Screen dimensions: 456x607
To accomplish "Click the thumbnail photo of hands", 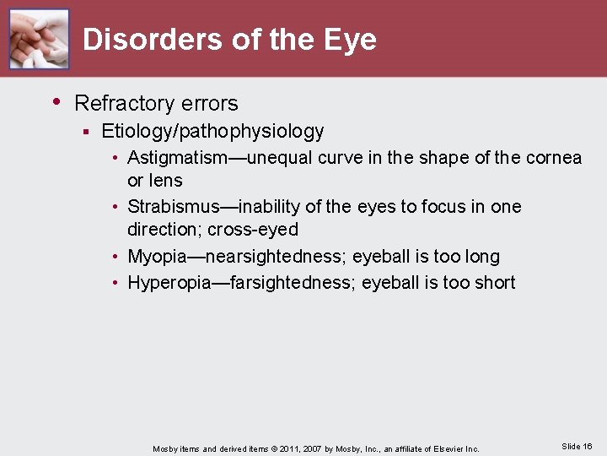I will (39, 39).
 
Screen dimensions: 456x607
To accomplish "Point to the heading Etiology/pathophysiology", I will (212, 131).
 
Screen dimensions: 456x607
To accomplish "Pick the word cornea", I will (553, 158).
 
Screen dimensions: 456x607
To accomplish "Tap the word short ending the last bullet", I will (495, 283).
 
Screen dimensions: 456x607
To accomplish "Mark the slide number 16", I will (587, 446).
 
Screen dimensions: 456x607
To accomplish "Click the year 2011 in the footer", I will (290, 448).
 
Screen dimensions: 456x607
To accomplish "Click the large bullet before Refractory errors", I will (56, 102).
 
